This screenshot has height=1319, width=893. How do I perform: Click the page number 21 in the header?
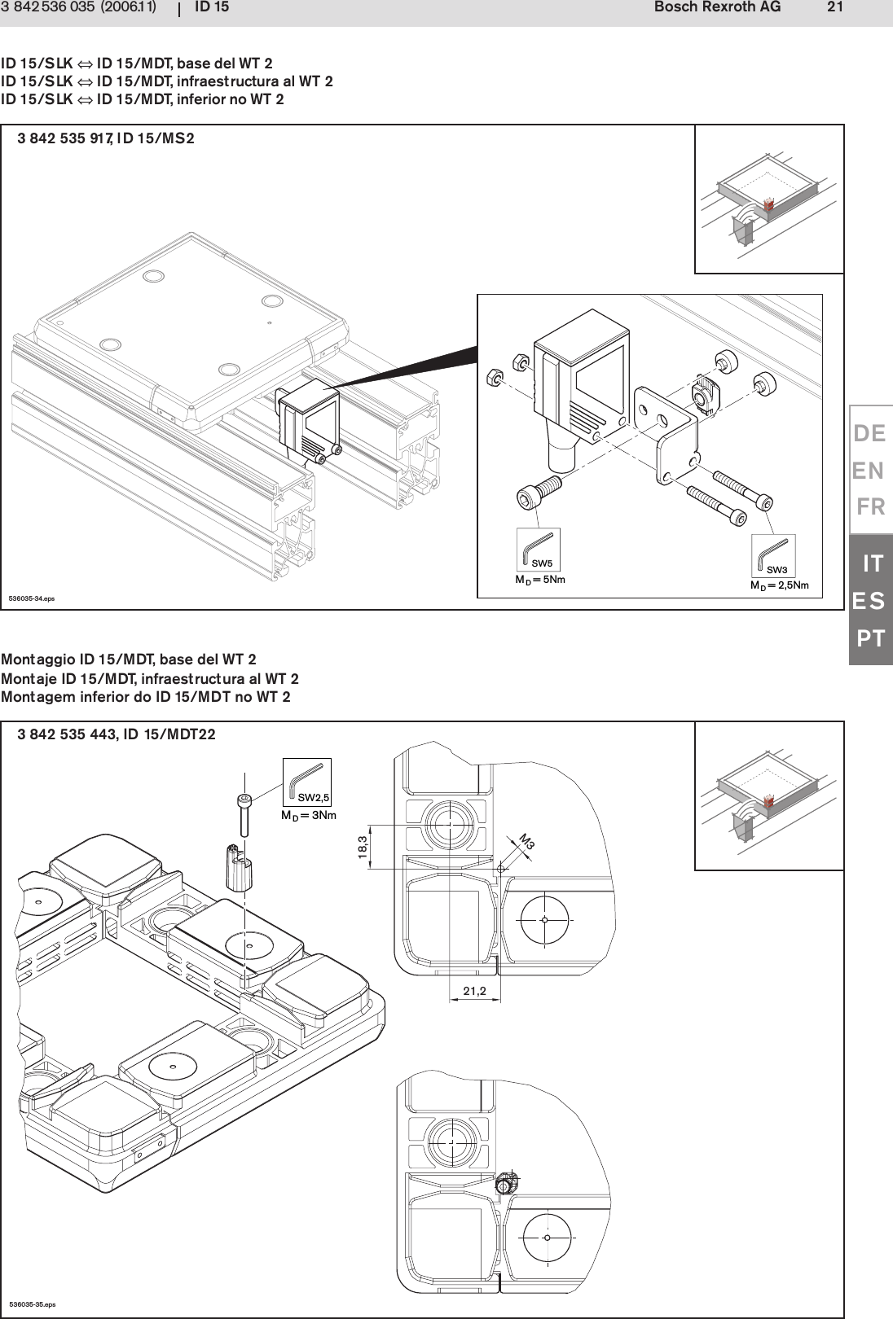(834, 7)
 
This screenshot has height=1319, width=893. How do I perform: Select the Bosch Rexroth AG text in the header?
(717, 7)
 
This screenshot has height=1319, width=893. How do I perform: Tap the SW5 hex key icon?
(538, 550)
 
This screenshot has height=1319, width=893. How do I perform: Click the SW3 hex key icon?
(772, 555)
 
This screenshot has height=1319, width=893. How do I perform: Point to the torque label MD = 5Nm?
(539, 581)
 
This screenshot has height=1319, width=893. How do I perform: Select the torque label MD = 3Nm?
(309, 815)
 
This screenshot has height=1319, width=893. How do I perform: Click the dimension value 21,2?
(474, 991)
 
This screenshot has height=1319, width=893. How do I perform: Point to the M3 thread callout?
(527, 843)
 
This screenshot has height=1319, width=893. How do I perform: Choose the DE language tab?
(869, 434)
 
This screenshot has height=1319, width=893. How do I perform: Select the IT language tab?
(873, 563)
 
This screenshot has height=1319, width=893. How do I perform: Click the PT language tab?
(870, 638)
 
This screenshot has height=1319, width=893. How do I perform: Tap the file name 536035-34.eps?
(32, 598)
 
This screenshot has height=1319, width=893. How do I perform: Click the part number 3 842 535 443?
(68, 734)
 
